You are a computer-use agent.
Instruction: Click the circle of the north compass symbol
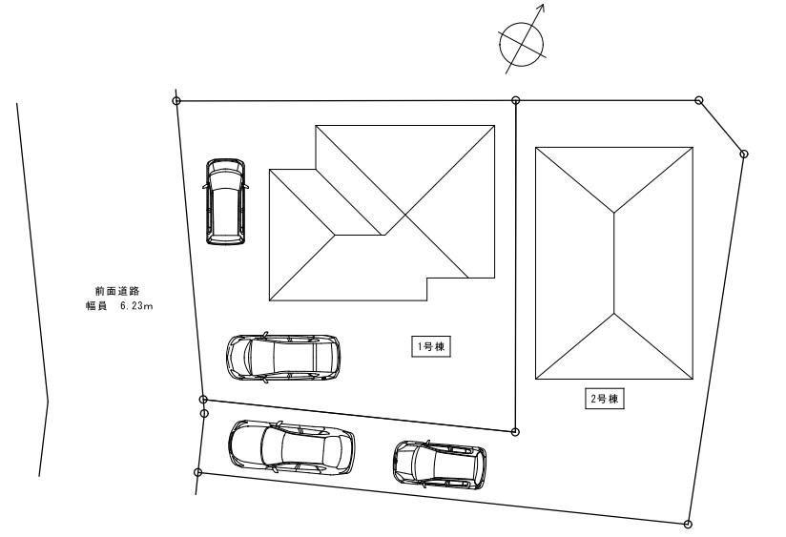pyautogui.click(x=523, y=41)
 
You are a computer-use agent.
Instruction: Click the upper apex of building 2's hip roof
pyautogui.click(x=615, y=212)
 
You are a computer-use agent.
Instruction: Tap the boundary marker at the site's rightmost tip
pyautogui.click(x=744, y=154)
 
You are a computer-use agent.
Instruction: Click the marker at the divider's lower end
pyautogui.click(x=515, y=432)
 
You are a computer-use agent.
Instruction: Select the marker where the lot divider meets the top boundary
pyautogui.click(x=516, y=99)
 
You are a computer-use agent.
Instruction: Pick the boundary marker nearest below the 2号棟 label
pyautogui.click(x=689, y=523)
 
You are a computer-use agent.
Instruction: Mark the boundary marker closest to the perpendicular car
pyautogui.click(x=176, y=100)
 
